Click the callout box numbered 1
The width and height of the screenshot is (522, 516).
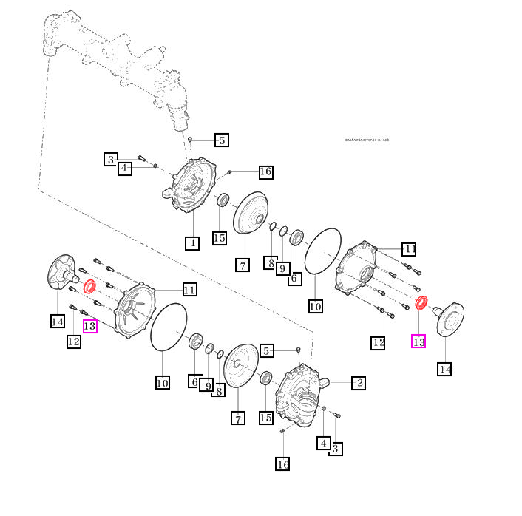pos(191,242)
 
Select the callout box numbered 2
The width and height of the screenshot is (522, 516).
pos(358,382)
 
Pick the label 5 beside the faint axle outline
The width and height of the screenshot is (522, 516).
pos(222,140)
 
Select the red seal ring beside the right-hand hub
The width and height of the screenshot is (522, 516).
pos(422,302)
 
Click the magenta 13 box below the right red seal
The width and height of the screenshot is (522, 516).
pos(418,342)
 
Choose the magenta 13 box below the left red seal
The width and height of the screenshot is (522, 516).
pos(90,325)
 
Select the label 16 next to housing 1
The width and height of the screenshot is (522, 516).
pos(265,172)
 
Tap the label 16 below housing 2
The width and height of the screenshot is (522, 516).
pos(282,464)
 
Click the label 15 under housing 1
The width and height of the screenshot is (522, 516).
pos(219,237)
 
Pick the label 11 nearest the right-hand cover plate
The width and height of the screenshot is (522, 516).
pos(409,248)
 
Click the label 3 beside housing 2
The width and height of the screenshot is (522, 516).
pos(336,448)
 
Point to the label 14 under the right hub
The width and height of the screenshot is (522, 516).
pos(444,369)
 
